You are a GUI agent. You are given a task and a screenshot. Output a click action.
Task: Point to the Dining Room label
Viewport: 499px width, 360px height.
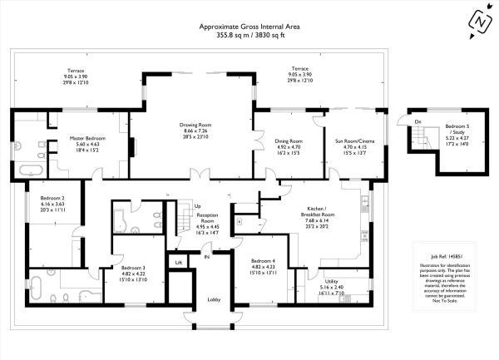pos(289,141)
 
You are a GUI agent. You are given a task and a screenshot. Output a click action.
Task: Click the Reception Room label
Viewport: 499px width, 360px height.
pos(207,214)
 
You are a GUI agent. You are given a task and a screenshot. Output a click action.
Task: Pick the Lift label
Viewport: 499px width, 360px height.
pos(178,262)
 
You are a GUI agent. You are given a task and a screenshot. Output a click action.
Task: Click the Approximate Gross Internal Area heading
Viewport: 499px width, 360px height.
pos(249,27)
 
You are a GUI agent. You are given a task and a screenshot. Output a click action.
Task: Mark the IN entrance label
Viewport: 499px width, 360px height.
pos(207,257)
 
